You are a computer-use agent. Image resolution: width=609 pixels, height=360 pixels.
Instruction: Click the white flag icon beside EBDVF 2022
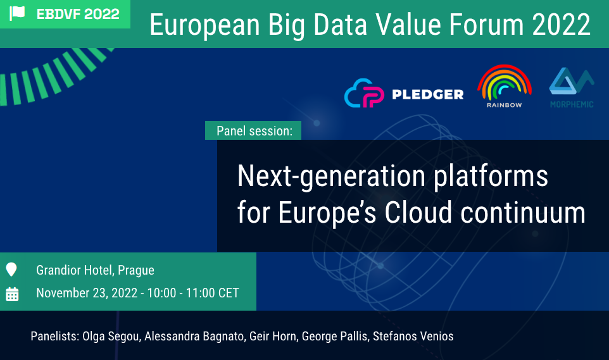[16, 13]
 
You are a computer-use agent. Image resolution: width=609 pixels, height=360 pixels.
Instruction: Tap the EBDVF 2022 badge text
[78, 14]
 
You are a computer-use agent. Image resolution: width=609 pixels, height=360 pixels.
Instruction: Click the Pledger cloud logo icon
[364, 93]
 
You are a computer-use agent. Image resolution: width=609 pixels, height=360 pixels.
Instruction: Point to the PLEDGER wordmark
[427, 94]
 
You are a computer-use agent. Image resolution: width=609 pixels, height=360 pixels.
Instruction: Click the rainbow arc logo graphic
[504, 82]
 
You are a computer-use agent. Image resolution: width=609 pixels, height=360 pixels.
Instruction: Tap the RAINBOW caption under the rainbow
[504, 105]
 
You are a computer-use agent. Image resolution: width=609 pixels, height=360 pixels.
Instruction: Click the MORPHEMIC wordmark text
[572, 104]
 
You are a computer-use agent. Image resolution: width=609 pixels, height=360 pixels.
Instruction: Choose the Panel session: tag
[253, 130]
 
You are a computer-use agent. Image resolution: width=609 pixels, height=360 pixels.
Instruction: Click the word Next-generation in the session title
[331, 177]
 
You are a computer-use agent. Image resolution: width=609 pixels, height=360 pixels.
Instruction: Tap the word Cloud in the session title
[418, 213]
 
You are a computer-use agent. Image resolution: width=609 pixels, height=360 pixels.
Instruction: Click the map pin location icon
[11, 269]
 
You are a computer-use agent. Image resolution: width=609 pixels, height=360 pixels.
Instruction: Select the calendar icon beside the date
[12, 294]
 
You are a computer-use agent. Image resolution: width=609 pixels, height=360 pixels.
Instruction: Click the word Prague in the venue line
[136, 270]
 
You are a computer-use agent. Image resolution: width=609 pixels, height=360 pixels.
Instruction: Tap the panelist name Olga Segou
[111, 337]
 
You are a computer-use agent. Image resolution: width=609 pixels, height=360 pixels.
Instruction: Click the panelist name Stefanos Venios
[413, 337]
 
